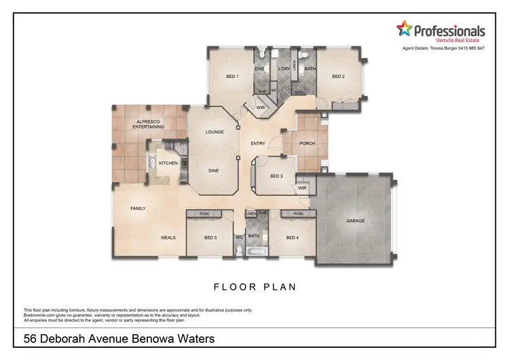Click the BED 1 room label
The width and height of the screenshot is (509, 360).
click(232, 77)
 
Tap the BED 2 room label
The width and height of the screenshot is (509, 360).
click(339, 77)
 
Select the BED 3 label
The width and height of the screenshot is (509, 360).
click(276, 176)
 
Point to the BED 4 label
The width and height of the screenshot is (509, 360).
click(292, 238)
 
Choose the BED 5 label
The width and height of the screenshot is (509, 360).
click(210, 238)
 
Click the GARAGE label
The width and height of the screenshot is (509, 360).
click(356, 221)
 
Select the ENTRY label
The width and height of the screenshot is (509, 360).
click(258, 143)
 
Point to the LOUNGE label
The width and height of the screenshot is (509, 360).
click(215, 132)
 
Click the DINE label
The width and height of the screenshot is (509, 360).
click(214, 171)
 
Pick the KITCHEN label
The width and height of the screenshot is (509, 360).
click(168, 164)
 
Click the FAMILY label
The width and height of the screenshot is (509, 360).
click(138, 209)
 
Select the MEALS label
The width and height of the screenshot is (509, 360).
click(168, 238)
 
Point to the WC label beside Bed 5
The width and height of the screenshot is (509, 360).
click(239, 237)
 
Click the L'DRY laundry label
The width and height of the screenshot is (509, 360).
click(284, 69)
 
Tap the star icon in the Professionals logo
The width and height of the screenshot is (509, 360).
click(404, 29)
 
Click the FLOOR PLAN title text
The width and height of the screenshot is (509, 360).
click(255, 287)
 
